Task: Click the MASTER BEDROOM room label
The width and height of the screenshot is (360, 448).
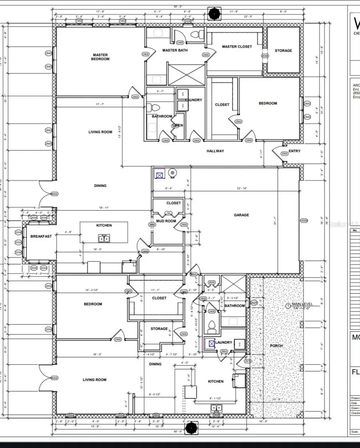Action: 100,57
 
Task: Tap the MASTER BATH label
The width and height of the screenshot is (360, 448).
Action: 175,50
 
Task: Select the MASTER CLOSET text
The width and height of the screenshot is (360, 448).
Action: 237,47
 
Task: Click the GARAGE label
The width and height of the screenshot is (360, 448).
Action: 241,215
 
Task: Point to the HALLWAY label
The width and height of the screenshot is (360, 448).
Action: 215,151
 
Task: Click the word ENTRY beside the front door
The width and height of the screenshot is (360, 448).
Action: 294,151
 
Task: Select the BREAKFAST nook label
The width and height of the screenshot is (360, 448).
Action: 41,236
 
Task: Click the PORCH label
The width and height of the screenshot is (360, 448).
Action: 276,346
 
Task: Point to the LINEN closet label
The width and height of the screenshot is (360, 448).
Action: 177,126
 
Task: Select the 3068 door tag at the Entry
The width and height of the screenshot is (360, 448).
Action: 284,153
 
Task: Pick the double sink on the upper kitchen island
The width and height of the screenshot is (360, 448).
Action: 104,239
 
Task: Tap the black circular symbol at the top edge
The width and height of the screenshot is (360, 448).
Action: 215,13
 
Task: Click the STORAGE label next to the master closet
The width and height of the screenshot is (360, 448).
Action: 283,51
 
